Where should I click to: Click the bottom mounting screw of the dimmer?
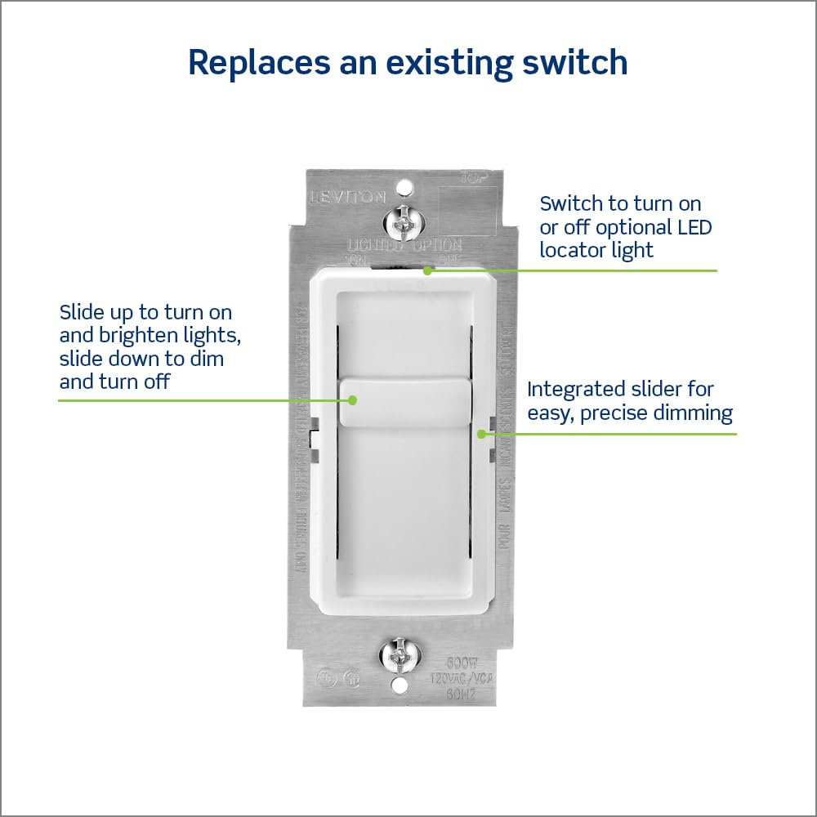(400, 654)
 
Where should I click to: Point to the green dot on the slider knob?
(353, 400)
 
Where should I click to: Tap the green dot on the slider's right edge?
(482, 434)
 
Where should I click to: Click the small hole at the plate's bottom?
(400, 687)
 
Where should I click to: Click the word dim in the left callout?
(208, 358)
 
